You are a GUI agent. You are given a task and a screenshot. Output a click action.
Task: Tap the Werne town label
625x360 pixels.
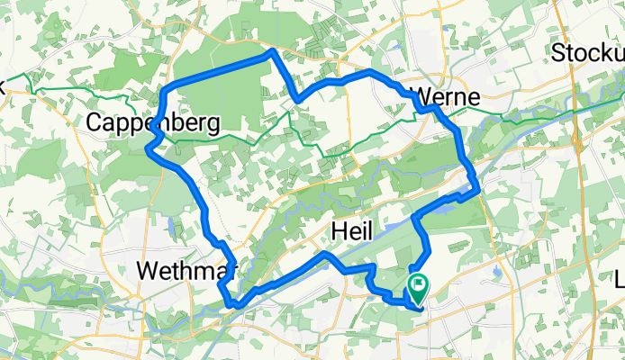tap(447, 96)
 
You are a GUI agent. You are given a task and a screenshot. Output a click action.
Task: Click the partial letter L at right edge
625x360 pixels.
tap(620, 282)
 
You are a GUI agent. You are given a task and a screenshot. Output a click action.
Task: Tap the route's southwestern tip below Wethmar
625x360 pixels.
tap(235, 304)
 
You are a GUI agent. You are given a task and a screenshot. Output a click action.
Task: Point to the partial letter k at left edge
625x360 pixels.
tap(3, 87)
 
